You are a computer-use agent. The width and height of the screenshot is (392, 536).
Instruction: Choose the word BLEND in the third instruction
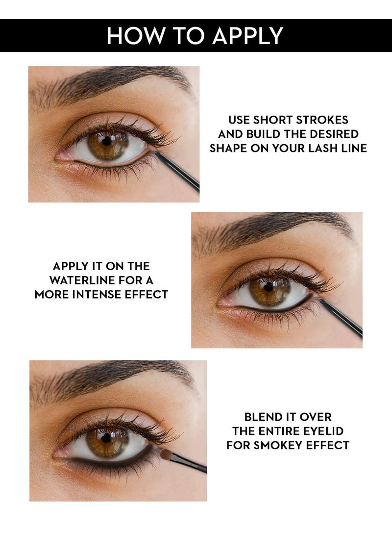pos(262,417)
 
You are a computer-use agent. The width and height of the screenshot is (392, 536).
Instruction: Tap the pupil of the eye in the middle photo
pos(269,286)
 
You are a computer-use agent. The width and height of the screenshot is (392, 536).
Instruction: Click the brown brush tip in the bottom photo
pos(166,454)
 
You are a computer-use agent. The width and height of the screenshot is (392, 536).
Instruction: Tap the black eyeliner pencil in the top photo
pos(179,172)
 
